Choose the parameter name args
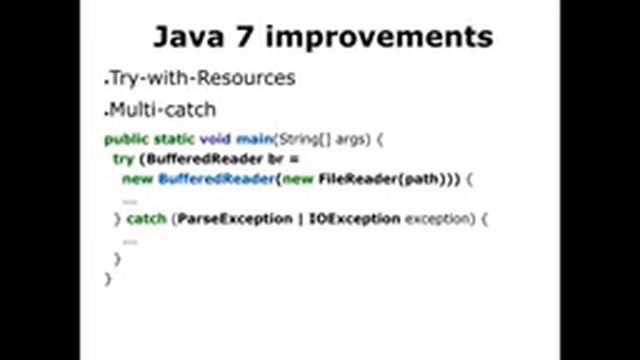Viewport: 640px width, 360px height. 353,140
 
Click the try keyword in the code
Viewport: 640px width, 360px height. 123,158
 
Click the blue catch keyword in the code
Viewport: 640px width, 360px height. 146,218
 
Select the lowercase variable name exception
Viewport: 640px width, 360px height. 438,218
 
